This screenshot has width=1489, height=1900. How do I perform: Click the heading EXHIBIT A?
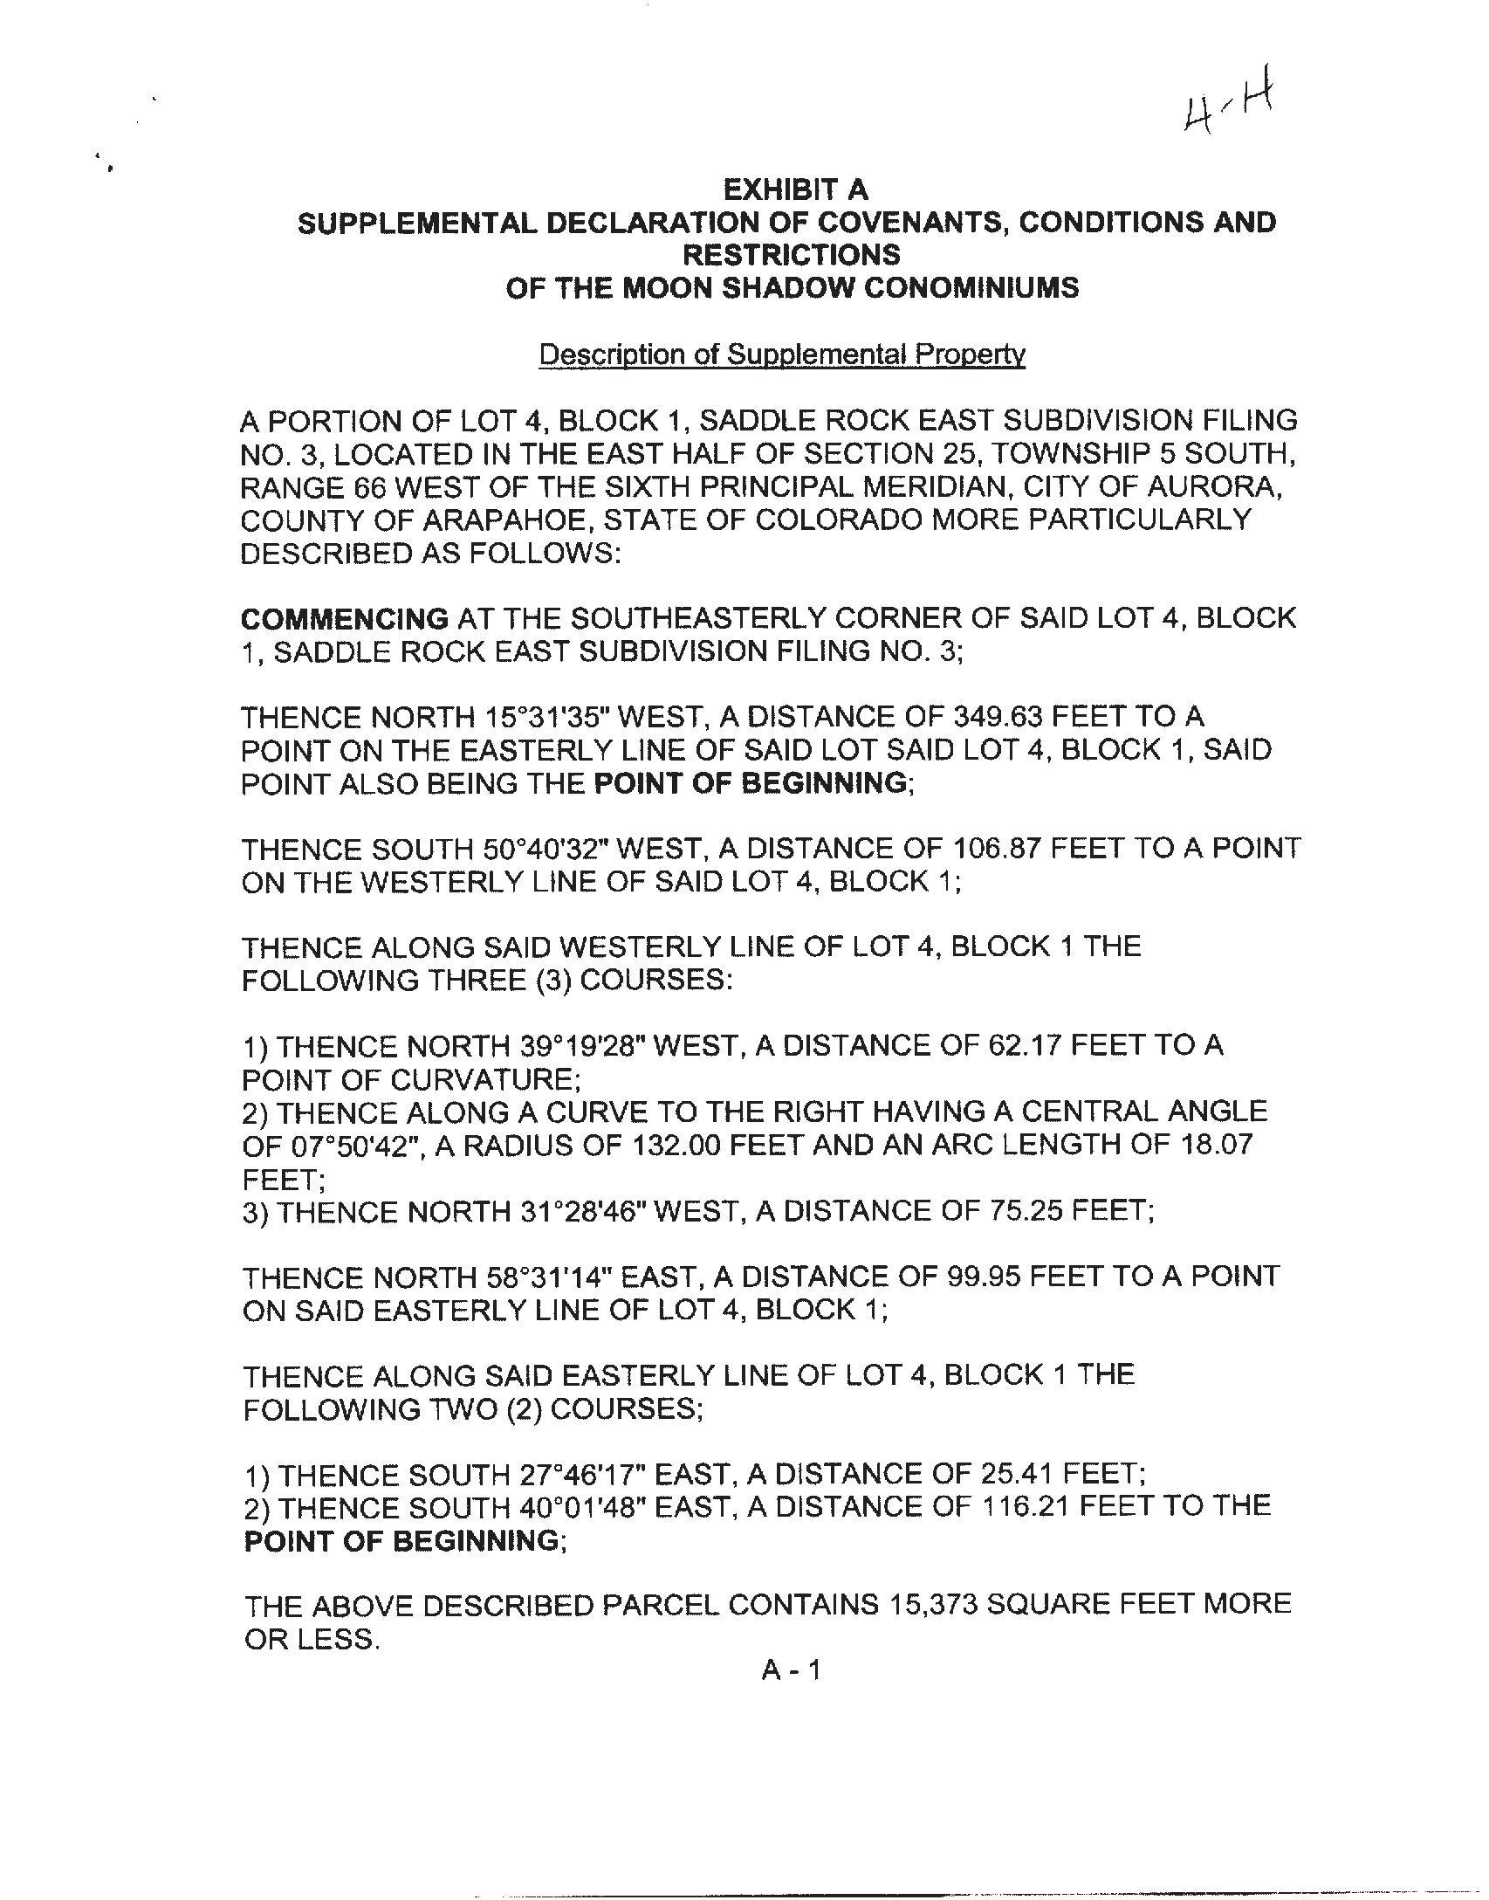point(795,189)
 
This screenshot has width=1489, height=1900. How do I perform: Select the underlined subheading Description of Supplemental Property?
point(781,355)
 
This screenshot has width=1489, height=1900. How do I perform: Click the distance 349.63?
point(994,718)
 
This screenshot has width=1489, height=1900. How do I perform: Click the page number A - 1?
point(791,1671)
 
